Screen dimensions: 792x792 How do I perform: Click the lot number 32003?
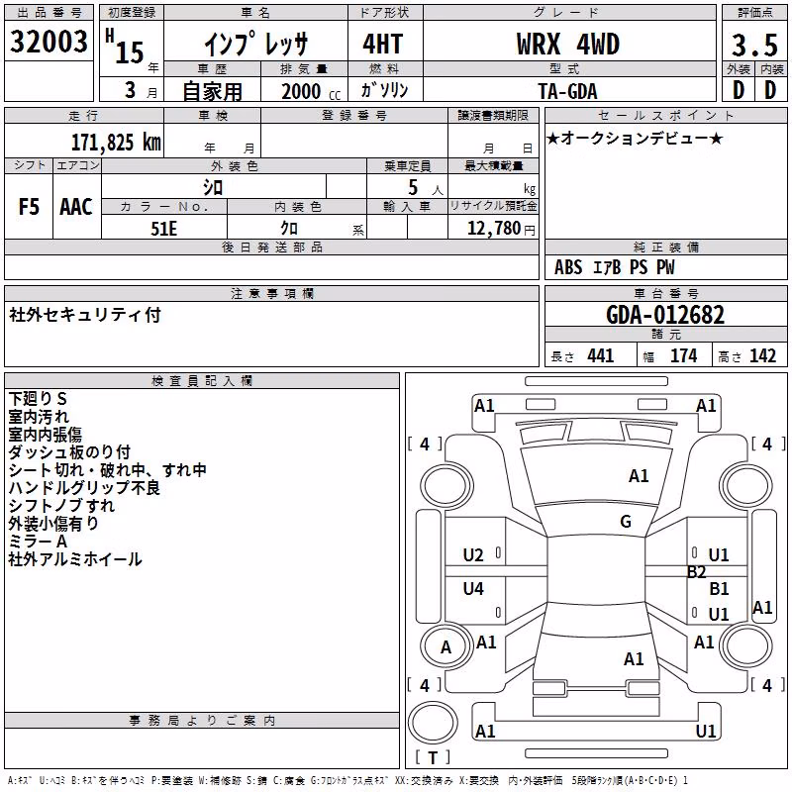pyautogui.click(x=49, y=42)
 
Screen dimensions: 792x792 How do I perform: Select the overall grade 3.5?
pyautogui.click(x=754, y=46)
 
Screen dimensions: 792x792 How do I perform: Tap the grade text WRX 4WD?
pyautogui.click(x=567, y=45)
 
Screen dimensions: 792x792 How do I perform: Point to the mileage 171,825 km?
pyautogui.click(x=116, y=143)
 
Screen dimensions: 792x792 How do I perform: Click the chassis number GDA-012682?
pyautogui.click(x=665, y=315)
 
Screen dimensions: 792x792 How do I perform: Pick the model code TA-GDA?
pyautogui.click(x=567, y=91)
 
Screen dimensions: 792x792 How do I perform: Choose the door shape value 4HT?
pyautogui.click(x=383, y=44)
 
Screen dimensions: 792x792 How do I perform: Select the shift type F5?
pyautogui.click(x=29, y=207)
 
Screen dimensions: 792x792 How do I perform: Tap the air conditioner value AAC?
pyautogui.click(x=76, y=207)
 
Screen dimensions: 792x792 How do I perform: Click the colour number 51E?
pyautogui.click(x=163, y=229)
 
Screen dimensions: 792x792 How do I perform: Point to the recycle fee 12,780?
pyautogui.click(x=493, y=229)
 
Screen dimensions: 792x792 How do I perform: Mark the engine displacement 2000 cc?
pyautogui.click(x=311, y=91)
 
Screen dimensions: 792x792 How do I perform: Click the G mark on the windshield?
pyautogui.click(x=626, y=522)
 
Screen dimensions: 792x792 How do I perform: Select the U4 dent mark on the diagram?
pyautogui.click(x=473, y=588)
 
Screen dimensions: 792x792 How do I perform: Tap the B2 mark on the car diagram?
pyautogui.click(x=696, y=572)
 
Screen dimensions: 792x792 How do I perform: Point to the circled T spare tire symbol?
pyautogui.click(x=433, y=723)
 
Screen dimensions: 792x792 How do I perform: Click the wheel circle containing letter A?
pyautogui.click(x=445, y=646)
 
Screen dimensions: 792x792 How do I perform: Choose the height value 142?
pyautogui.click(x=762, y=356)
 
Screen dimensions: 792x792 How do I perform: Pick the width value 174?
pyautogui.click(x=684, y=356)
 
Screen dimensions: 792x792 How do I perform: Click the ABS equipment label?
pyautogui.click(x=568, y=267)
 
